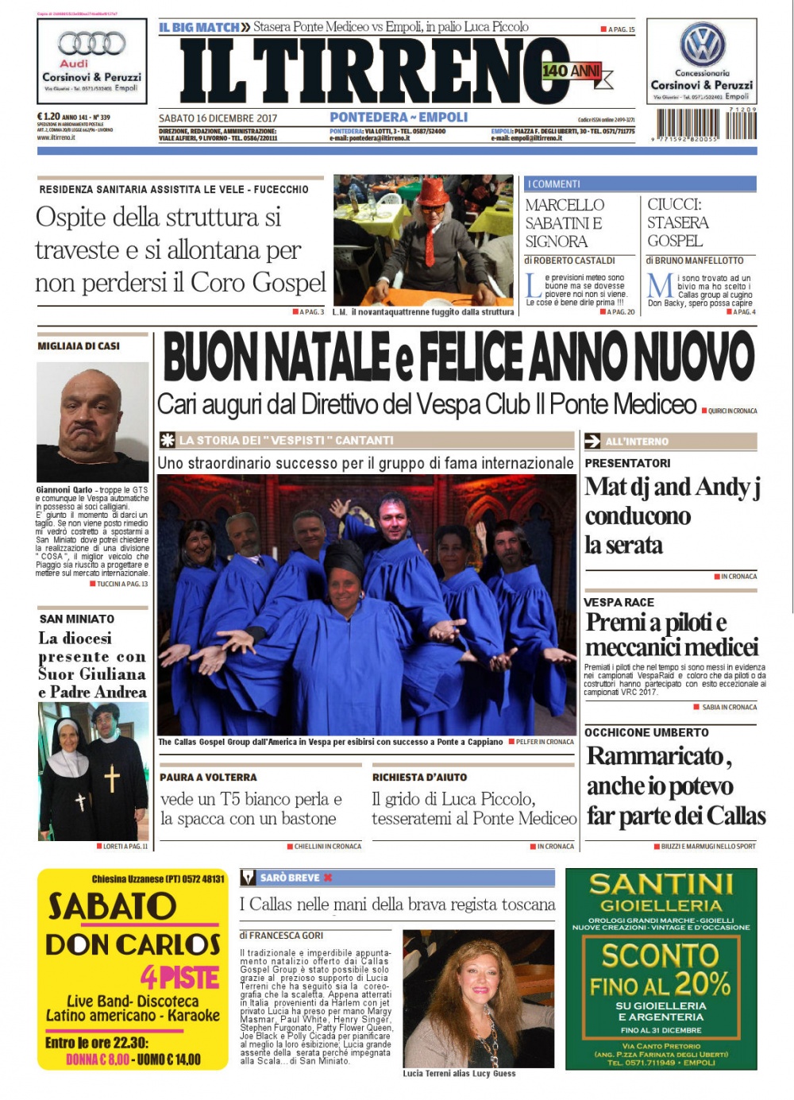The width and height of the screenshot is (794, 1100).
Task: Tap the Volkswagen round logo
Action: pos(702,44)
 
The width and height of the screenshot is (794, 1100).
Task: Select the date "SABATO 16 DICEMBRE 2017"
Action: pos(218,118)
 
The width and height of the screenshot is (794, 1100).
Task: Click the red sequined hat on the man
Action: pos(435,192)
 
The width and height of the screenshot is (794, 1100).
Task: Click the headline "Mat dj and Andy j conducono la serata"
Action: pos(672,515)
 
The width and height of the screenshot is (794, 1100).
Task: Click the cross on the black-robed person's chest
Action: pos(112,778)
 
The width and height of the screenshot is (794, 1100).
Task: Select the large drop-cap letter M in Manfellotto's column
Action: pos(660,287)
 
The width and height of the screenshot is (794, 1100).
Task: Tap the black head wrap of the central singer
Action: pos(345,558)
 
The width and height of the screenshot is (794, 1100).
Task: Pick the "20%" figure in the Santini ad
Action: pos(702,984)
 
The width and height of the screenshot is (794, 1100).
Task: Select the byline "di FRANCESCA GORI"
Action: pos(281,936)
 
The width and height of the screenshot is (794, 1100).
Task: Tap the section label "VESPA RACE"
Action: pos(619,602)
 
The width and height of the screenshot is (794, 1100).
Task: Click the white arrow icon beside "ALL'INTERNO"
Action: pos(592,442)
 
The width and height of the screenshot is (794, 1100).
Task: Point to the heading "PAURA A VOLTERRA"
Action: pos(208,778)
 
